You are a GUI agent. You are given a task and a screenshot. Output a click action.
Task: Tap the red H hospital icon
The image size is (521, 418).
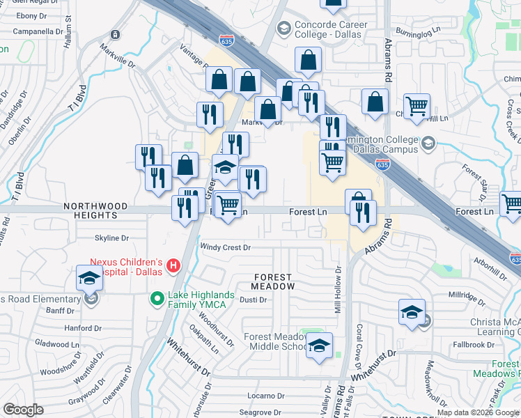tap(173, 265)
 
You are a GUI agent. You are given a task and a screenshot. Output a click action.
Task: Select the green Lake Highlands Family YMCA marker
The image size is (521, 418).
tap(159, 300)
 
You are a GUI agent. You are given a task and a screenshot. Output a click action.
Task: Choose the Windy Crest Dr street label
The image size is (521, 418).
tap(225, 247)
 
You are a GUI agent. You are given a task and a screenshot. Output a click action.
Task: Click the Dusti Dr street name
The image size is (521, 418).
tap(254, 300)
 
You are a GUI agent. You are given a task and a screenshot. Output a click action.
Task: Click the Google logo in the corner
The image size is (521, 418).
tap(22, 410)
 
